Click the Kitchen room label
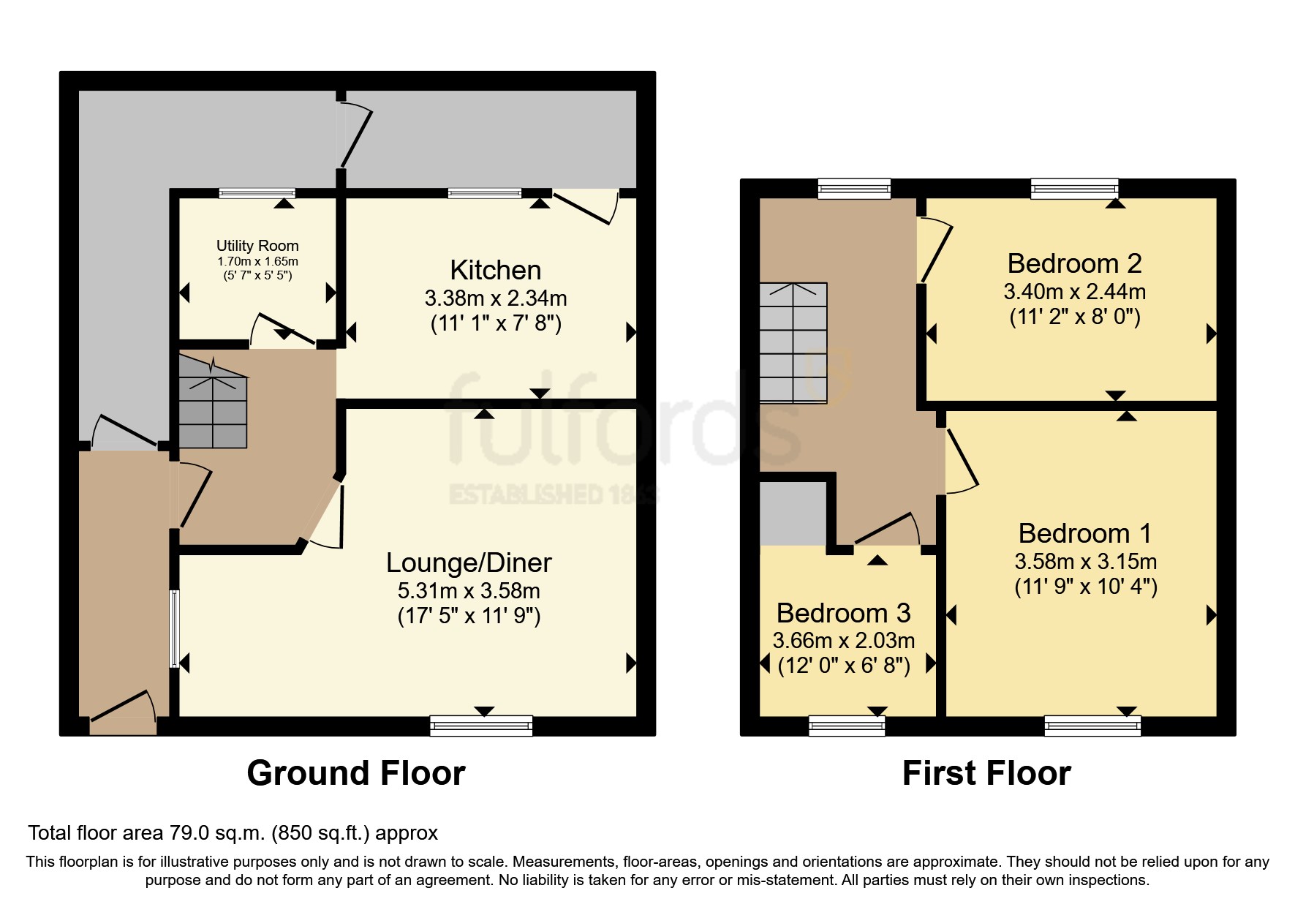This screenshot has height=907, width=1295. [x=495, y=270]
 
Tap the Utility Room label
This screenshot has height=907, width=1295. [x=257, y=246]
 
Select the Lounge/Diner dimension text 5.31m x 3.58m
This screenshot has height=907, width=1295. [x=469, y=591]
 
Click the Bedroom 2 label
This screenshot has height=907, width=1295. [x=1074, y=263]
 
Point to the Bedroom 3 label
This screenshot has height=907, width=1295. [x=843, y=613]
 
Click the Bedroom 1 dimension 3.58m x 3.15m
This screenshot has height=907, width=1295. [x=1085, y=562]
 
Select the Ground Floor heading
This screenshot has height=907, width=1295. [x=356, y=773]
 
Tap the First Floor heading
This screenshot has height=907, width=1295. [x=986, y=773]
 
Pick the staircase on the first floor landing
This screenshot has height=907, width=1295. [x=793, y=343]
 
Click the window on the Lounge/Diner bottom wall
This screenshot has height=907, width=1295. [x=481, y=725]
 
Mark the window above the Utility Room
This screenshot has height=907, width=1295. [x=257, y=193]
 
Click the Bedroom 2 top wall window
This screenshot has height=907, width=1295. [x=1074, y=189]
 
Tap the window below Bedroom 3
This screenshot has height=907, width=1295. [x=847, y=725]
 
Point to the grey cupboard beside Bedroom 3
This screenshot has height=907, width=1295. [x=793, y=512]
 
